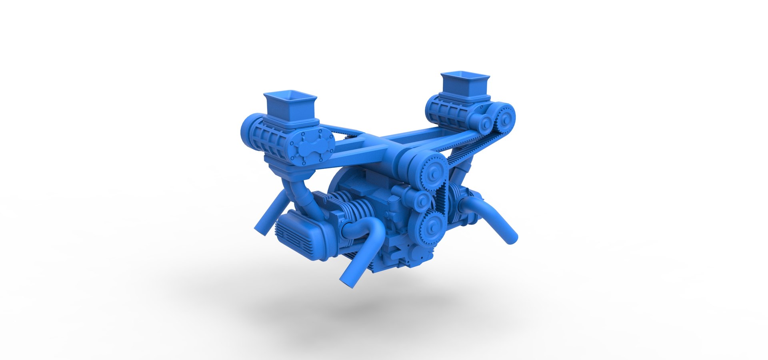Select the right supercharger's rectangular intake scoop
(x=465, y=83)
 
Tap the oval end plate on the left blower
(x=312, y=146)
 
